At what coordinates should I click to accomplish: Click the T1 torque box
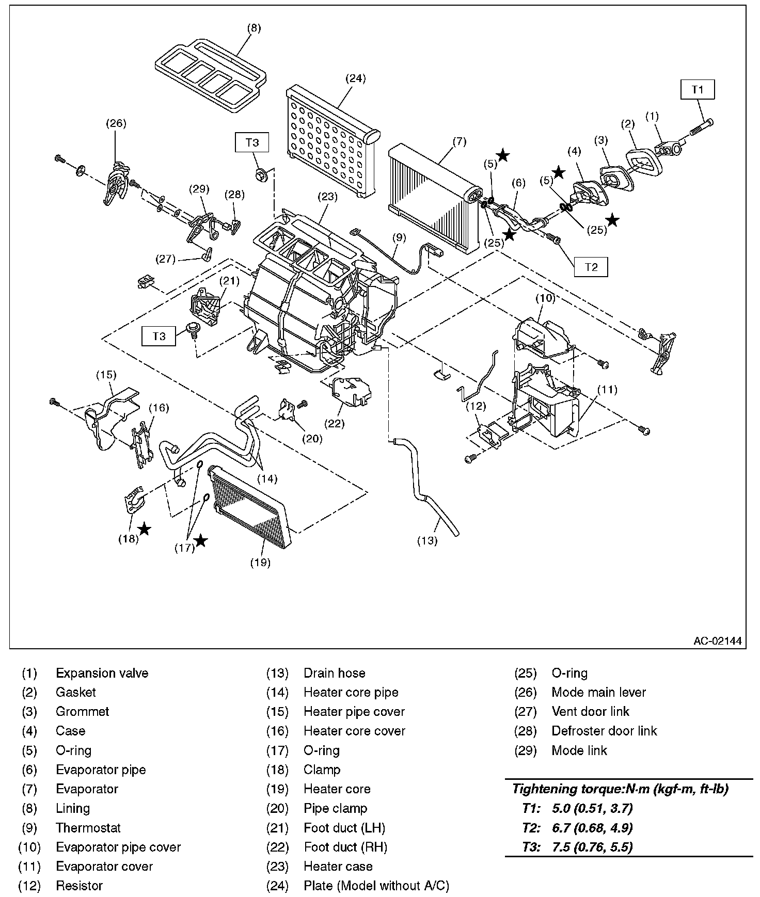[x=698, y=89]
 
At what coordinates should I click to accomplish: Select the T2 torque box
[x=591, y=267]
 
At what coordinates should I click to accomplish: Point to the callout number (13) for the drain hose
[x=427, y=540]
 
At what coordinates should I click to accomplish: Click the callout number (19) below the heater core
[x=260, y=562]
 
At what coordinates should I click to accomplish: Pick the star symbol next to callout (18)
[x=145, y=528]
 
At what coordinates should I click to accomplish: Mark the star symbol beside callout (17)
[x=201, y=540]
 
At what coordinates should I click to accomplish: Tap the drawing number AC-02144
[x=717, y=641]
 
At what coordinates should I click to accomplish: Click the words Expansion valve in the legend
[x=102, y=673]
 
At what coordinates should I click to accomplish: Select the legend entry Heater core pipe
[x=351, y=692]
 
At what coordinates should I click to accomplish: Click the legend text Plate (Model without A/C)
[x=376, y=886]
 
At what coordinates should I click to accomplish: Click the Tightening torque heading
[x=620, y=789]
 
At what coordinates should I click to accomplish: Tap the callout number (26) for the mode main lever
[x=116, y=123]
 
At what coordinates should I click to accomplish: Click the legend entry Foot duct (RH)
[x=345, y=847]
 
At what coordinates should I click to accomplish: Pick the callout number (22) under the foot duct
[x=334, y=423]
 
